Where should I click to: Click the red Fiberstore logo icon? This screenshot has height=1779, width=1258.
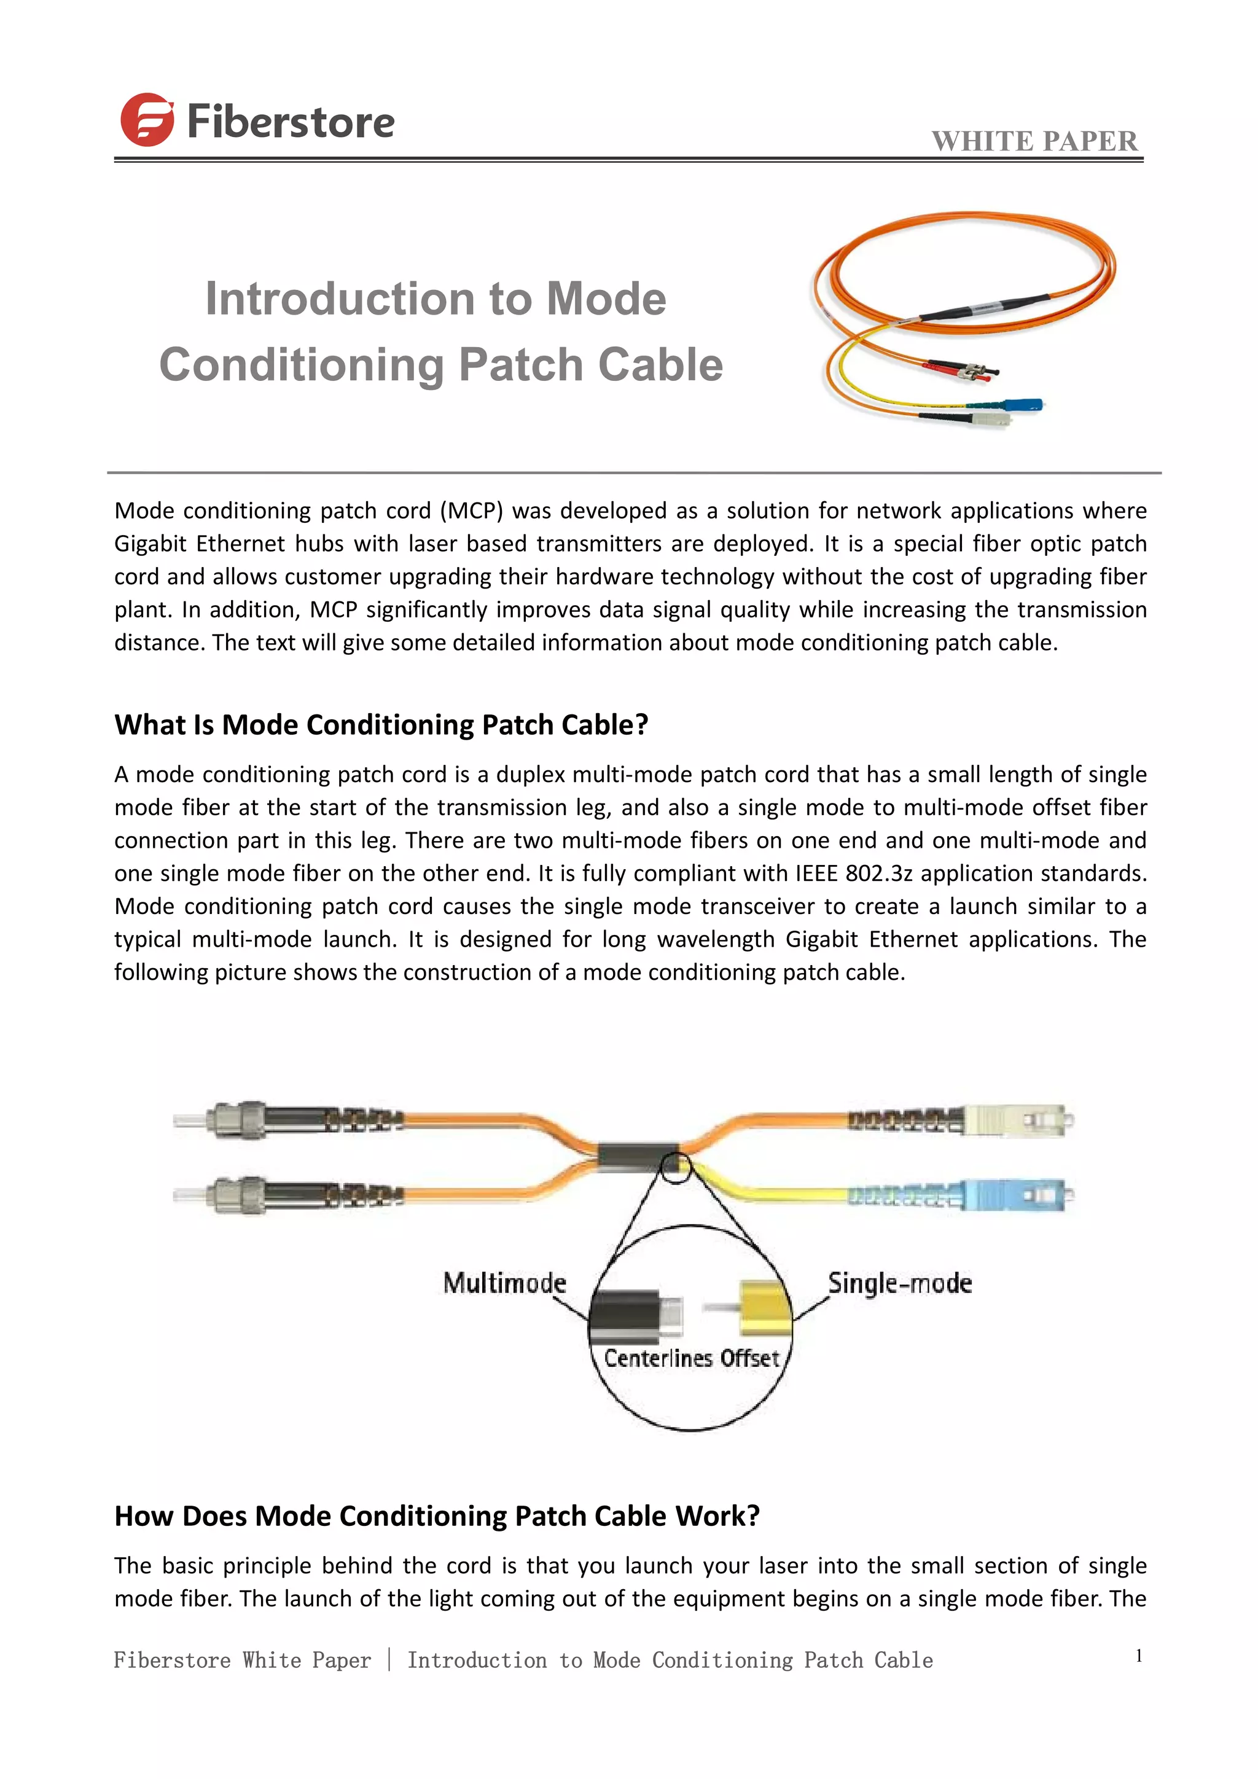click(146, 120)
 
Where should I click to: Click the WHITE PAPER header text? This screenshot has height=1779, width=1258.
click(1034, 141)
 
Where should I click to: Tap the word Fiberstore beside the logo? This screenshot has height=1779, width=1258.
click(291, 122)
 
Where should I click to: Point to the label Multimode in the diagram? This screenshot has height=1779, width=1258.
click(504, 1283)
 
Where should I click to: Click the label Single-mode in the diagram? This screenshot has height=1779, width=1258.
click(899, 1283)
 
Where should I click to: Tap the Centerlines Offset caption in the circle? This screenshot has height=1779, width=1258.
click(691, 1358)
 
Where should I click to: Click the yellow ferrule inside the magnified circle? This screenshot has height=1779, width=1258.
click(763, 1308)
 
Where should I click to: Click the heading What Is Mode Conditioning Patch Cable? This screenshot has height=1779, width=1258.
click(381, 724)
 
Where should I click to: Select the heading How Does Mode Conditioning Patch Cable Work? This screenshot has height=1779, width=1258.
click(437, 1515)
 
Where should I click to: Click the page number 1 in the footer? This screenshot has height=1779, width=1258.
click(1139, 1656)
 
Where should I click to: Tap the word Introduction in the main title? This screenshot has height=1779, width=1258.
click(340, 299)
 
